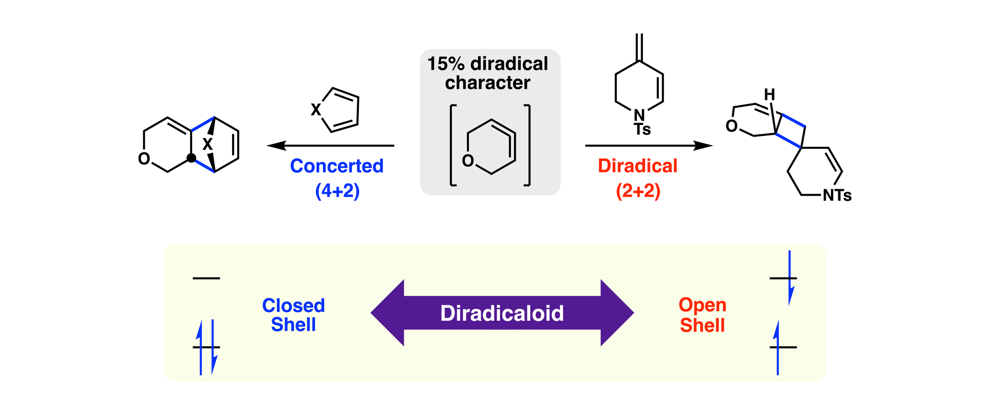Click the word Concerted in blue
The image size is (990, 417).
coord(337,166)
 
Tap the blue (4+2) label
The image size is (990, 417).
coord(337,191)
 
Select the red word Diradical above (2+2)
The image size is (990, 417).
coord(638,166)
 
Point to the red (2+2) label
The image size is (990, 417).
coord(638,191)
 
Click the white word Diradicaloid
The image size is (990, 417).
coord(502,313)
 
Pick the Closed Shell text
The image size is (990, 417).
coord(293,315)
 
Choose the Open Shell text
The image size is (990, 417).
coord(703,315)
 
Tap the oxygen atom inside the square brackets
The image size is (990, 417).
coord(468,161)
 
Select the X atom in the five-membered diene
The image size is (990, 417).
coord(316,110)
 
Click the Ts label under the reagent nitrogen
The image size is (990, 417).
coord(642,129)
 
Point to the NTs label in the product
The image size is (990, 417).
coord(837,195)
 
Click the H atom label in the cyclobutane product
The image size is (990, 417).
coord(769,95)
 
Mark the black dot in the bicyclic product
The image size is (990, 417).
coord(191,158)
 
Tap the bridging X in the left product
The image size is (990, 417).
coord(208,144)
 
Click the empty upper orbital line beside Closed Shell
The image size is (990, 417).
coord(206,278)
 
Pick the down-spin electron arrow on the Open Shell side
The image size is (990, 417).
coord(790,278)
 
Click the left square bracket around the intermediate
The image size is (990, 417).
coord(451,145)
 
